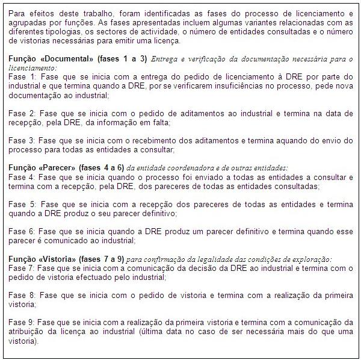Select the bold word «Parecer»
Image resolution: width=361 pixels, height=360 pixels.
pyautogui.click(x=60, y=167)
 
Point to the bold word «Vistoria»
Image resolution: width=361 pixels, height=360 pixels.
pyautogui.click(x=61, y=258)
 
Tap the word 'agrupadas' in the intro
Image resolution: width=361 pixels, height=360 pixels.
pyautogui.click(x=28, y=23)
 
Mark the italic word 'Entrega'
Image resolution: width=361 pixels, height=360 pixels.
pyautogui.click(x=165, y=59)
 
